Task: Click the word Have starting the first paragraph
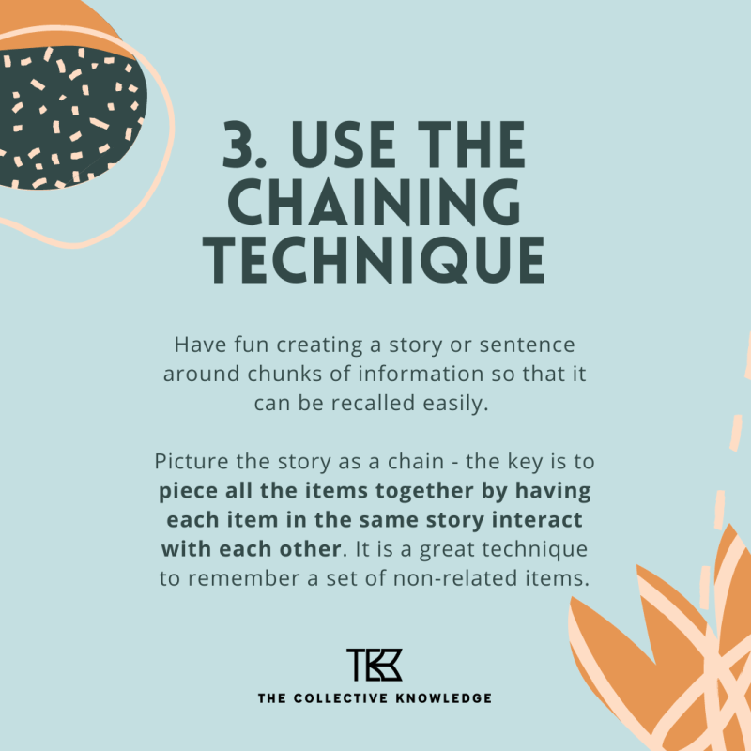pos(195,345)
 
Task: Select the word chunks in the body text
pos(258,374)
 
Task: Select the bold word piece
pos(187,492)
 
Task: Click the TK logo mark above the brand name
pos(375,665)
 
